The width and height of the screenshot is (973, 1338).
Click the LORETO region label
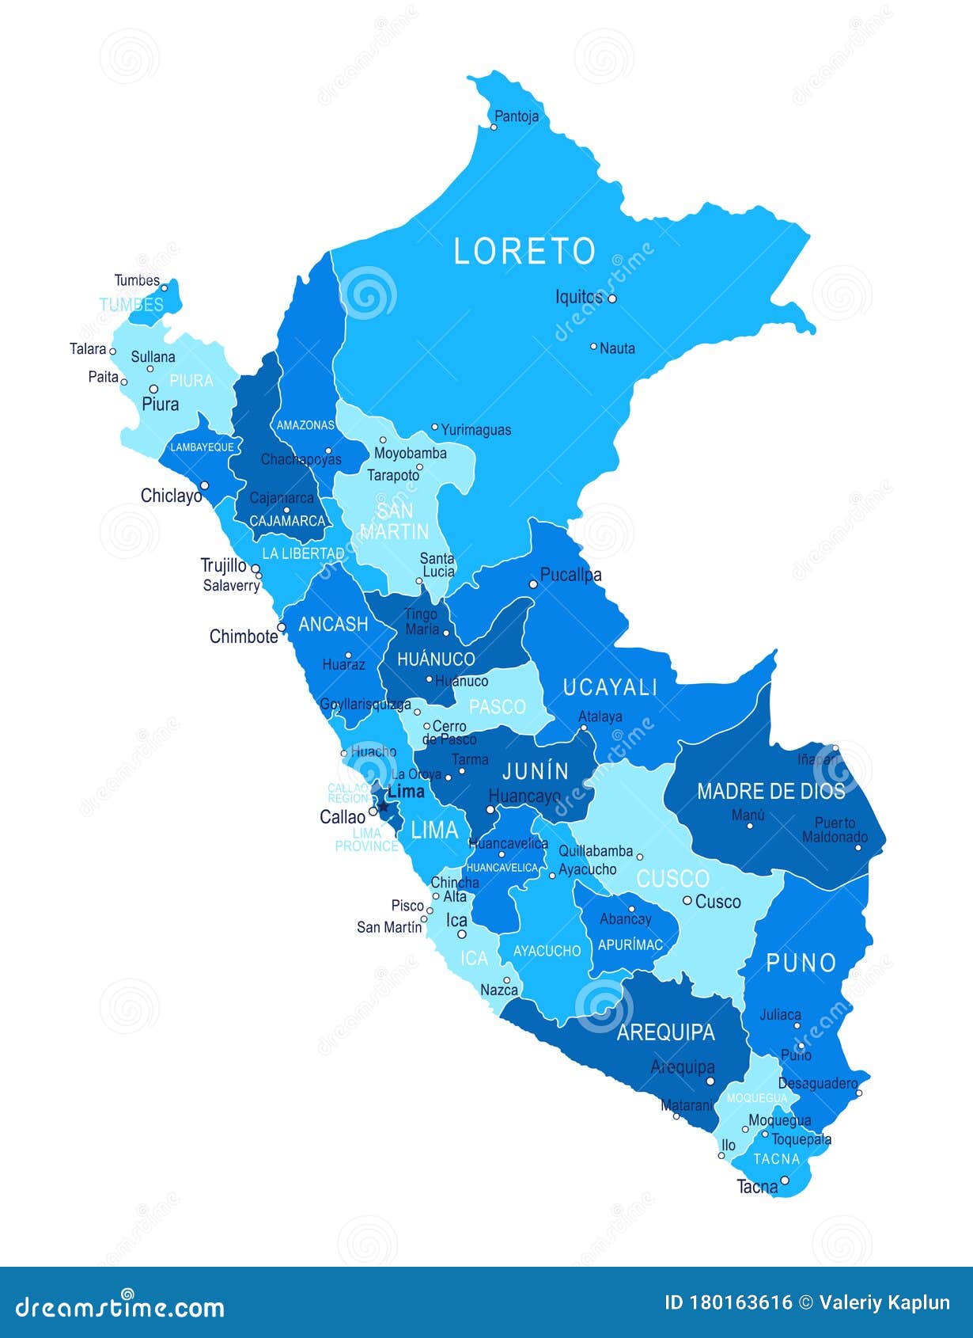pyautogui.click(x=524, y=251)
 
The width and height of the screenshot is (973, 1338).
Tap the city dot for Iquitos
pyautogui.click(x=611, y=298)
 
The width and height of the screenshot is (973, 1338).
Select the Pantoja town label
pyautogui.click(x=516, y=116)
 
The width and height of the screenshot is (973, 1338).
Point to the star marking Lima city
pyautogui.click(x=383, y=807)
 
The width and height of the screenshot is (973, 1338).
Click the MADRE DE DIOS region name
pyautogui.click(x=770, y=791)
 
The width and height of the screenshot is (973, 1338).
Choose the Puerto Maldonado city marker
pyautogui.click(x=858, y=848)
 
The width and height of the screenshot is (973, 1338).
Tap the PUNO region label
pyautogui.click(x=801, y=963)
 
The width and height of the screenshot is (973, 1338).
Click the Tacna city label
pyautogui.click(x=757, y=1187)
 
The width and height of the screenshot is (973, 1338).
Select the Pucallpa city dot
pyautogui.click(x=533, y=584)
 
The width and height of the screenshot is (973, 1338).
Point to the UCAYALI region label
pyautogui.click(x=610, y=687)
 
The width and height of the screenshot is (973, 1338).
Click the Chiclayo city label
pyautogui.click(x=172, y=496)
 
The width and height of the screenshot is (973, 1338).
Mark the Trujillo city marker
pyautogui.click(x=256, y=568)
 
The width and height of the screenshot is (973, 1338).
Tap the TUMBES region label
pyautogui.click(x=131, y=304)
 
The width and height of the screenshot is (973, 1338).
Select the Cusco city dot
pyautogui.click(x=687, y=900)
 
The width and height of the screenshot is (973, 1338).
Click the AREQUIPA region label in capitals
pyautogui.click(x=665, y=1032)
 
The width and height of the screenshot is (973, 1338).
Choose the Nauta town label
pyautogui.click(x=617, y=348)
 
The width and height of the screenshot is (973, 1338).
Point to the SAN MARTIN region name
pyautogui.click(x=394, y=521)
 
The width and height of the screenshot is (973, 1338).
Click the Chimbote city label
pyautogui.click(x=244, y=636)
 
